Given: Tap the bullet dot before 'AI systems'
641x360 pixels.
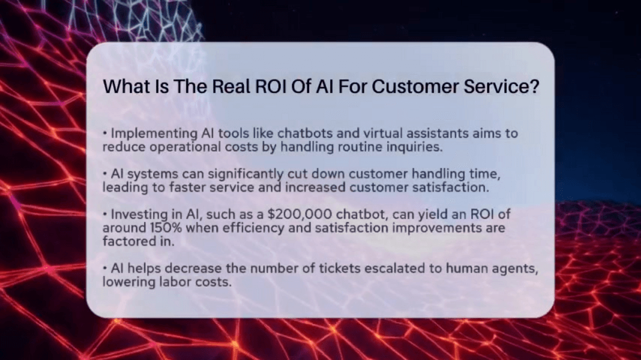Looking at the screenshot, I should [x=104, y=174].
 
